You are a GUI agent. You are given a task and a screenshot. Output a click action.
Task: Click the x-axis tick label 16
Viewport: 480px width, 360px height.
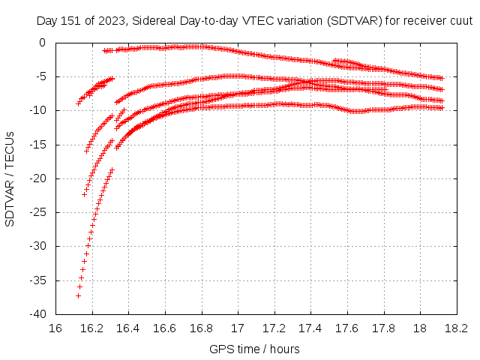[56, 328]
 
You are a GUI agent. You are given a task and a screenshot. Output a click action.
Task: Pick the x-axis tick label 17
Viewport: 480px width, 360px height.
[238, 328]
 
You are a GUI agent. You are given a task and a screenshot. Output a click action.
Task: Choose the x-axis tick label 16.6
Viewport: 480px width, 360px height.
[165, 328]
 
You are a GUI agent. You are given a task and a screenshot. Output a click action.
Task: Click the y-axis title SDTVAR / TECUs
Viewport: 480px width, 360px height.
[10, 178]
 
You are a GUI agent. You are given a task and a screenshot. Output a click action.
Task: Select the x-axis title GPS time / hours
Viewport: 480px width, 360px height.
[255, 349]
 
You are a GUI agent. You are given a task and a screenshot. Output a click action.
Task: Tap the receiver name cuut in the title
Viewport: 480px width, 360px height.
[459, 22]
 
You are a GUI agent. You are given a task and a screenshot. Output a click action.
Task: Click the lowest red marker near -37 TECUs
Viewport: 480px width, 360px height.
[78, 296]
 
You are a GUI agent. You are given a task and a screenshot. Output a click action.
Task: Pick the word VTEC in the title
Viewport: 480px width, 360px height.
[252, 22]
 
